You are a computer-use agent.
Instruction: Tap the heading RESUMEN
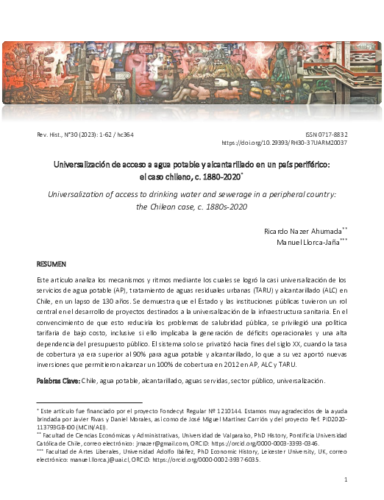point(52,262)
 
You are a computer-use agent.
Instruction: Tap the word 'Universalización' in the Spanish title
point(86,165)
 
